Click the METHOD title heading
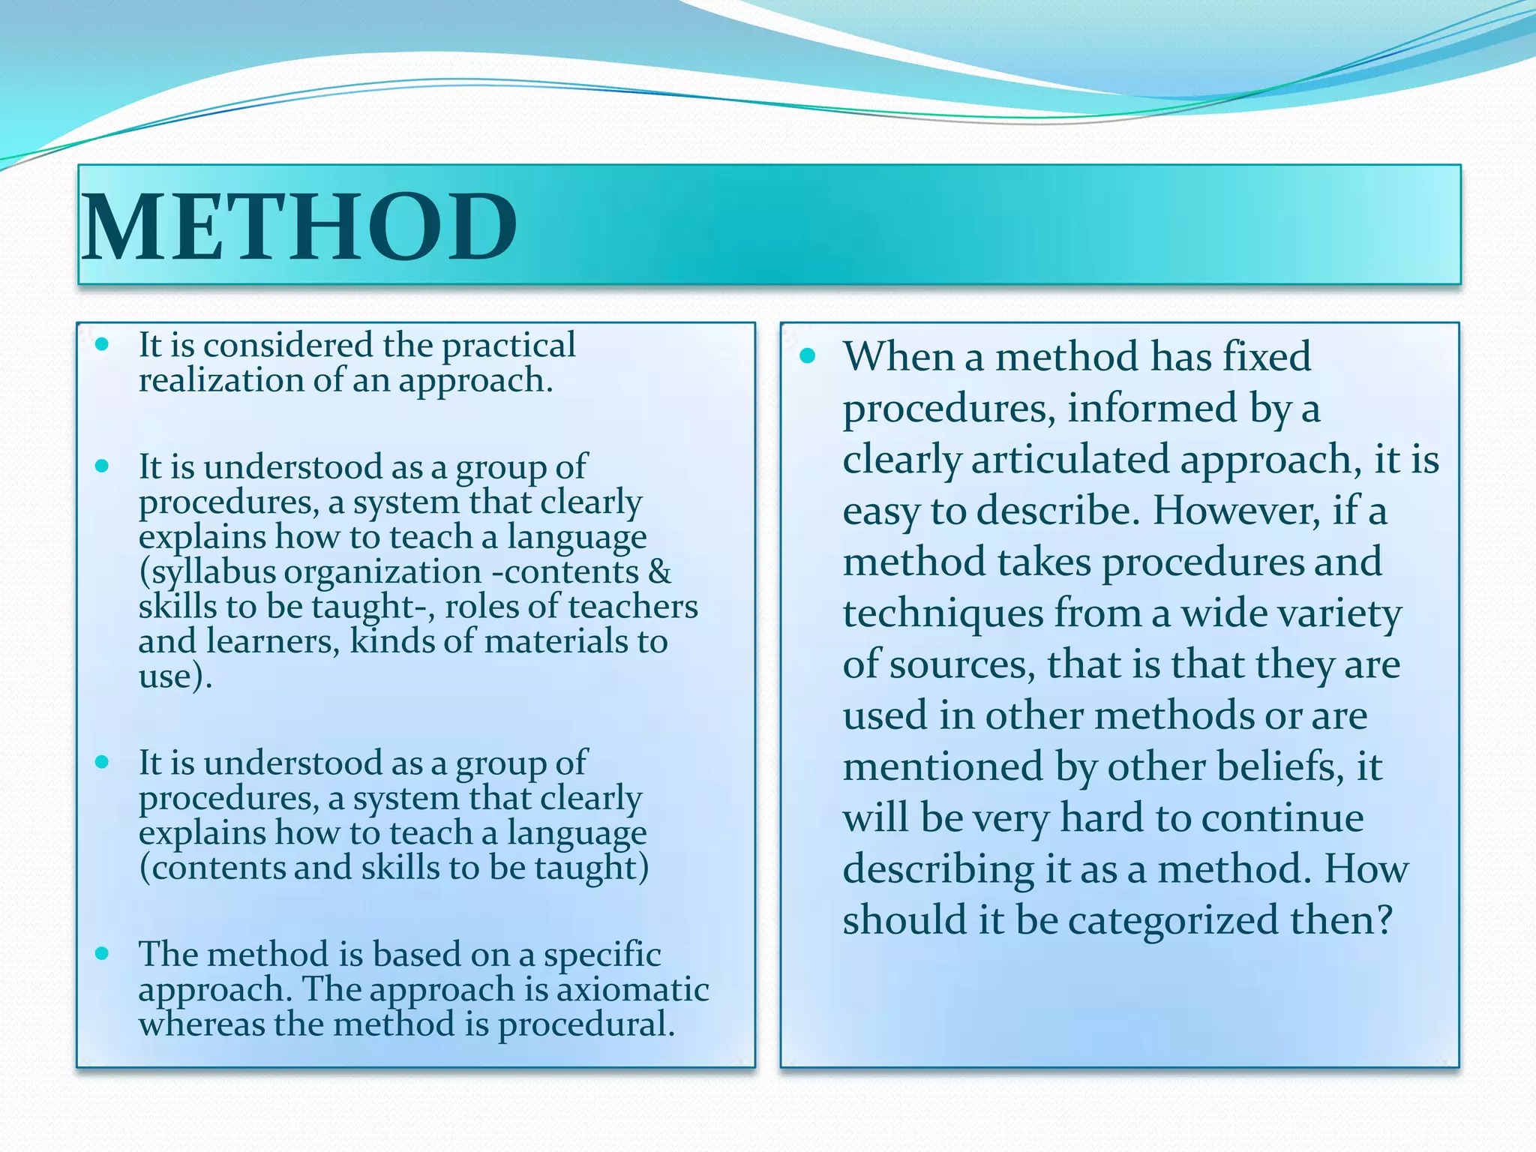click(300, 226)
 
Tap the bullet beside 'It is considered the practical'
click(103, 345)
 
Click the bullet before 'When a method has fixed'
click(807, 356)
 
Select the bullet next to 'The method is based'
click(103, 954)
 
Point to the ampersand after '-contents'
click(659, 572)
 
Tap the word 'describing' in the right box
click(937, 870)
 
